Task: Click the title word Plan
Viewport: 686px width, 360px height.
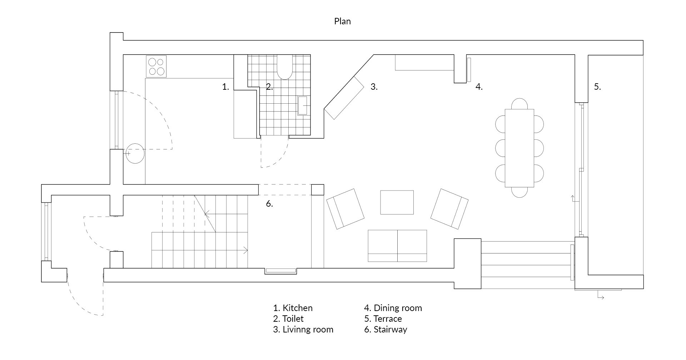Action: click(x=342, y=21)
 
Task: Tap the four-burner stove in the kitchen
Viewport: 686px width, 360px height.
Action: click(x=156, y=66)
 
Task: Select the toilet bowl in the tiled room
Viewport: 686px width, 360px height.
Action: click(x=285, y=67)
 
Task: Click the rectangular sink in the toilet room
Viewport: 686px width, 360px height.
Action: click(x=303, y=105)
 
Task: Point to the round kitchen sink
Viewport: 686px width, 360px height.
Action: click(x=135, y=153)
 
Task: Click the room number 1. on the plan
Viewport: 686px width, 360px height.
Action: click(x=225, y=87)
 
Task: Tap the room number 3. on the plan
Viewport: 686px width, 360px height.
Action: click(x=374, y=87)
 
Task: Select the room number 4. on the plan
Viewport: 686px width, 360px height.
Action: click(x=479, y=87)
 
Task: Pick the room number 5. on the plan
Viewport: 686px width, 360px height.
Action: click(x=597, y=87)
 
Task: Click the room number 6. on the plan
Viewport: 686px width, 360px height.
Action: click(x=269, y=204)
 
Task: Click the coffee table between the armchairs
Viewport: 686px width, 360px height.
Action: click(x=397, y=202)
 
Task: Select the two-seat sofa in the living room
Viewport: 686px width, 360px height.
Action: click(x=397, y=246)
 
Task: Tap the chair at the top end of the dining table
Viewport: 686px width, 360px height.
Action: click(x=519, y=104)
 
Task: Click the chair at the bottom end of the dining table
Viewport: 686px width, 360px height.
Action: click(x=519, y=192)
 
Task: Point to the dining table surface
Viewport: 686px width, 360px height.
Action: click(x=520, y=148)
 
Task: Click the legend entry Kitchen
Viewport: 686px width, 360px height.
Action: click(x=293, y=308)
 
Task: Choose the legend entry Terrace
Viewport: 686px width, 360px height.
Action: click(x=383, y=319)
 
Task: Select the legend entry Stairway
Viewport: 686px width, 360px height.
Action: click(x=386, y=330)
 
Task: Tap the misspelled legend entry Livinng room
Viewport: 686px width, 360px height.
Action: click(x=303, y=330)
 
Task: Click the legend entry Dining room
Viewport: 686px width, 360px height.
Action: click(x=393, y=308)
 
